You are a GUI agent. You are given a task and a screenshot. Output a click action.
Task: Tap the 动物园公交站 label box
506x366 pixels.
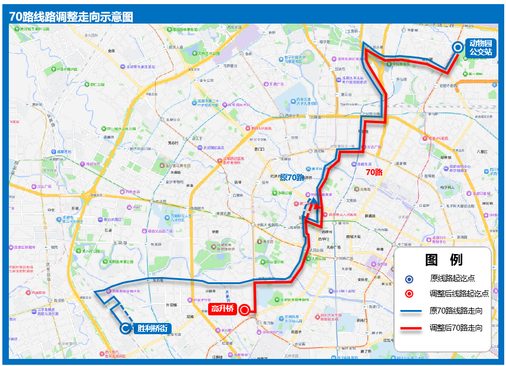(x=481, y=48)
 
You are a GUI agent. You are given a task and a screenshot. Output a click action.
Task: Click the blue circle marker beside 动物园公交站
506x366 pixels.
(x=458, y=48)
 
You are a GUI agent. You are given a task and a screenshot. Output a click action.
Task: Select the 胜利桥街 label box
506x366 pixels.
(x=153, y=328)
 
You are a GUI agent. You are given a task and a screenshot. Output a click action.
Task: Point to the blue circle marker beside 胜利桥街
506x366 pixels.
(x=126, y=329)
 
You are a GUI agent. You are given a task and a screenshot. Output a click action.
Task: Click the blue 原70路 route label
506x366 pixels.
(x=291, y=177)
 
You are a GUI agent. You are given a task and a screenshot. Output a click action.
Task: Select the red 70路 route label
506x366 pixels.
(x=374, y=172)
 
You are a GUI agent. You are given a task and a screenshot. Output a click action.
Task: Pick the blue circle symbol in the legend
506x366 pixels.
(x=410, y=279)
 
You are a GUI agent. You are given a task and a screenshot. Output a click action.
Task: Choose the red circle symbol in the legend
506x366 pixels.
(x=410, y=294)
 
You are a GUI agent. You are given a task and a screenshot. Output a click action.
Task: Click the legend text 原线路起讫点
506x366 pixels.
(x=452, y=279)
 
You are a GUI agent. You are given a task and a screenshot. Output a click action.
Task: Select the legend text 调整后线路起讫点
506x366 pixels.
(x=459, y=294)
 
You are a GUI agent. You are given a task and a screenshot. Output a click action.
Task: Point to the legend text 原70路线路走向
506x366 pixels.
(x=456, y=311)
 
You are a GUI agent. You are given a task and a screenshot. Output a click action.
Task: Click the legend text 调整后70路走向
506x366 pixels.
(x=456, y=328)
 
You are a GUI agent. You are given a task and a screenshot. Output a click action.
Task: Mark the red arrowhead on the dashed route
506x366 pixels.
(x=317, y=206)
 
